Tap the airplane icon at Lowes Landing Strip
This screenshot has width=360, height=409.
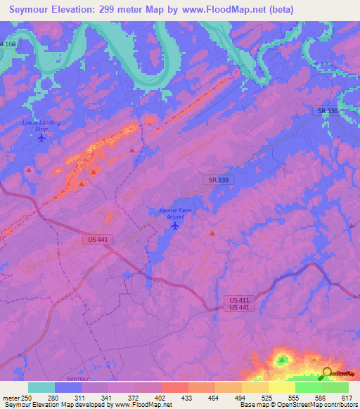point(41,137)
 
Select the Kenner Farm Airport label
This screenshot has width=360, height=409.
point(174,214)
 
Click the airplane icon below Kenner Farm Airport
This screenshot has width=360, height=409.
point(175,225)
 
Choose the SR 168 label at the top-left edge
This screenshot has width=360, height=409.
point(8,44)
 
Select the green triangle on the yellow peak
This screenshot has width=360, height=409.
point(283,361)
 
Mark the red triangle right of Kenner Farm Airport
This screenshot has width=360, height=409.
point(212,233)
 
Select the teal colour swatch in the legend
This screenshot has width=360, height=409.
point(41,387)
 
